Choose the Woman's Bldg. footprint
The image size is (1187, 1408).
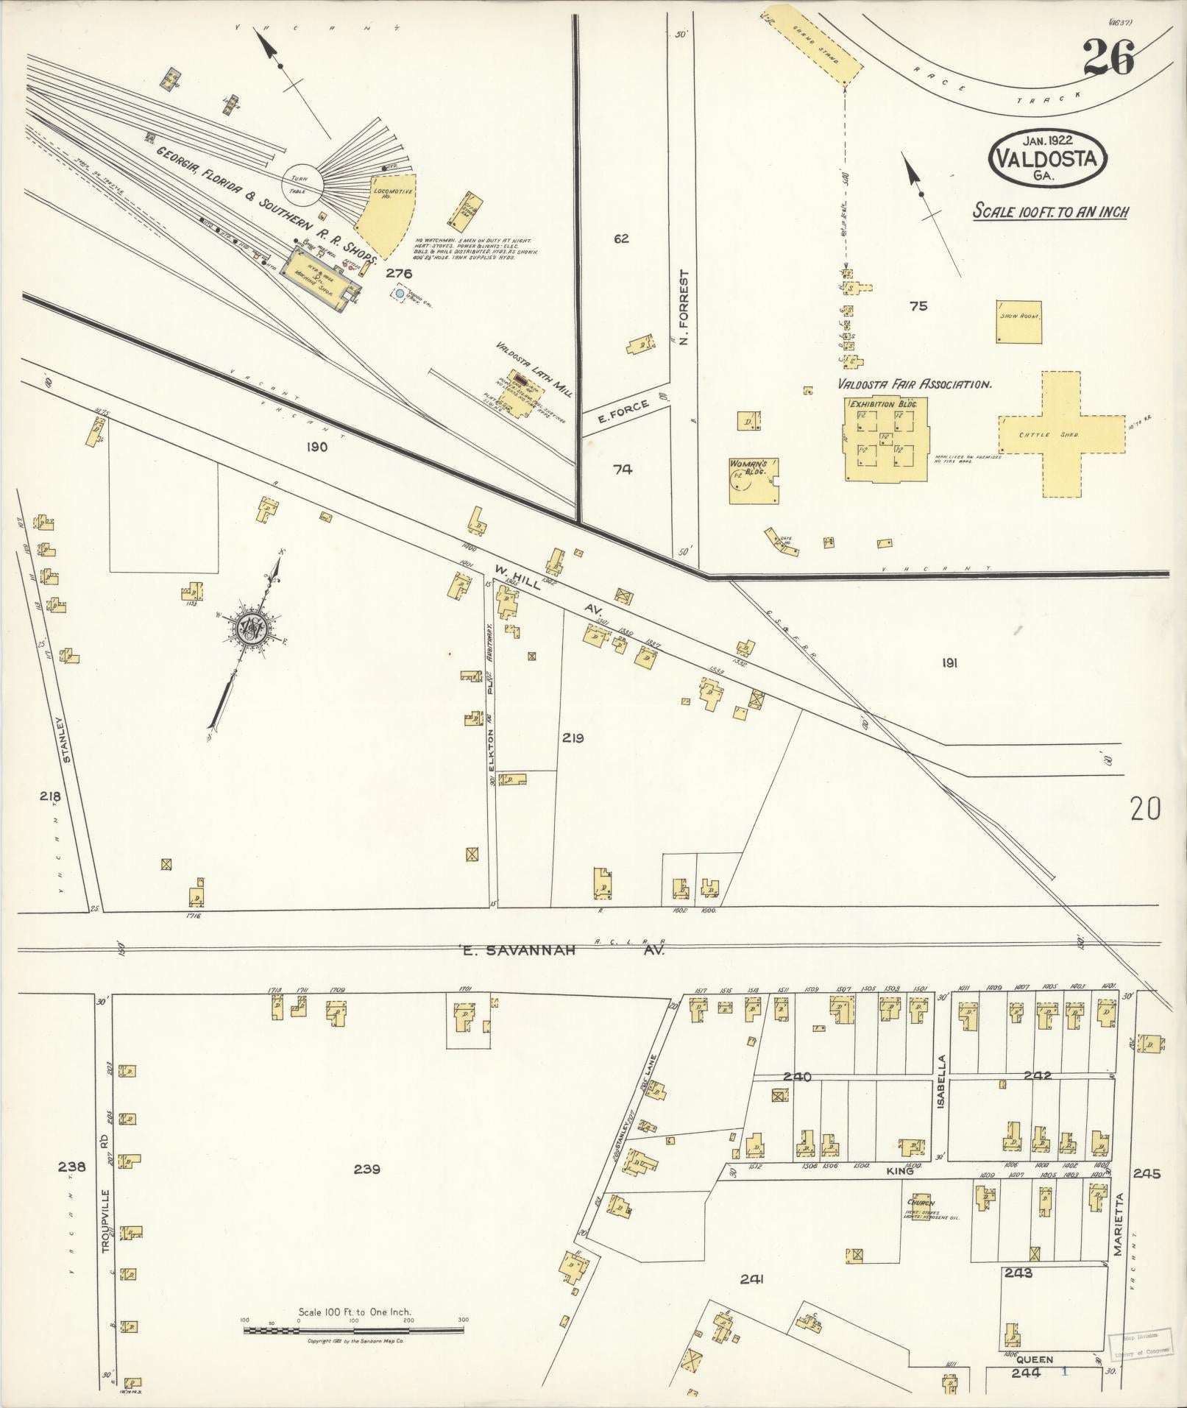pos(754,481)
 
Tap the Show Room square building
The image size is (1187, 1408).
pos(1019,321)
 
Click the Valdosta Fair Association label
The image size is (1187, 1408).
pos(915,383)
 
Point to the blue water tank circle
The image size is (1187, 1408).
pos(400,293)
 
